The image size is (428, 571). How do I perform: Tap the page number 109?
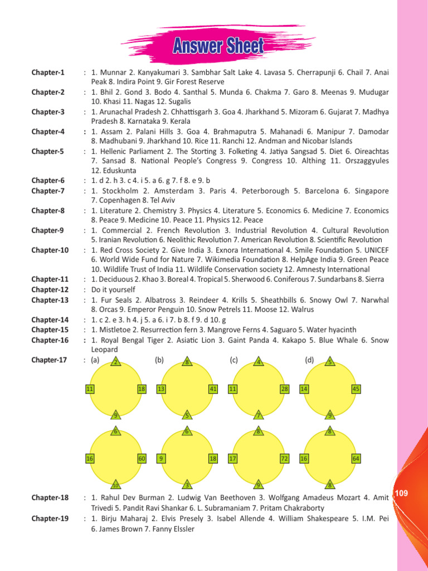(x=401, y=493)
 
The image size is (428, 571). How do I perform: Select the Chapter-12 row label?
(x=50, y=289)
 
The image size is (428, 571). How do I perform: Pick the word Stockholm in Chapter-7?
(x=121, y=191)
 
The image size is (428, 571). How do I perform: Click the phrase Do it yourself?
(x=113, y=289)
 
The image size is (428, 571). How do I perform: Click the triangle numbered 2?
(x=115, y=362)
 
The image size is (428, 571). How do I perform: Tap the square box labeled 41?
(x=212, y=389)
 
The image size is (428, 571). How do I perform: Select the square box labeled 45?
(x=356, y=389)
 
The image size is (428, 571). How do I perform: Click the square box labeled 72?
(x=284, y=458)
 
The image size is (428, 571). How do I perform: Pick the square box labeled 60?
(x=142, y=458)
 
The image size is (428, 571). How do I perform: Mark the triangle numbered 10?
(x=116, y=484)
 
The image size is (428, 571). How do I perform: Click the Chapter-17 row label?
(x=50, y=360)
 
